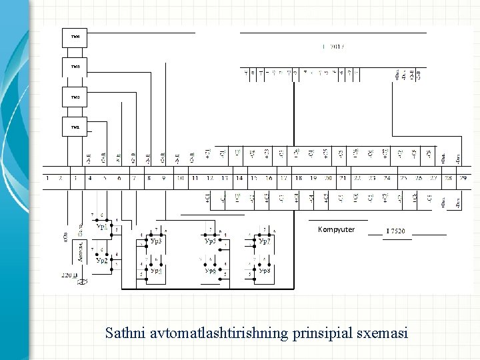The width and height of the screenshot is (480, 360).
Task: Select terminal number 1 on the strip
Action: [x=47, y=178]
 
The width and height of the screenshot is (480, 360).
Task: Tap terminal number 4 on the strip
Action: [x=90, y=178]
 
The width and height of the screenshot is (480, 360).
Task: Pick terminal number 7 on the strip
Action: [x=133, y=178]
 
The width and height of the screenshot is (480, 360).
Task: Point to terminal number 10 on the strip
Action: [x=180, y=178]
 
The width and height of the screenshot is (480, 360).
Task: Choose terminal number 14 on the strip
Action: [x=239, y=178]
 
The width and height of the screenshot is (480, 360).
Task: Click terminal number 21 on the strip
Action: [x=342, y=178]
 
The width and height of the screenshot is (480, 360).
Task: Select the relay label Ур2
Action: [x=101, y=260]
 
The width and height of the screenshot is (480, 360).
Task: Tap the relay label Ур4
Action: [x=155, y=271]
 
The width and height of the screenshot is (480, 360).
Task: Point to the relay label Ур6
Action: [x=210, y=271]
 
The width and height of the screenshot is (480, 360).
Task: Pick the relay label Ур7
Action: [x=265, y=241]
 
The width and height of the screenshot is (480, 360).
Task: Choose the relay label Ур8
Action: [x=265, y=271]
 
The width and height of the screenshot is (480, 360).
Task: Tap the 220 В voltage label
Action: [x=69, y=275]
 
